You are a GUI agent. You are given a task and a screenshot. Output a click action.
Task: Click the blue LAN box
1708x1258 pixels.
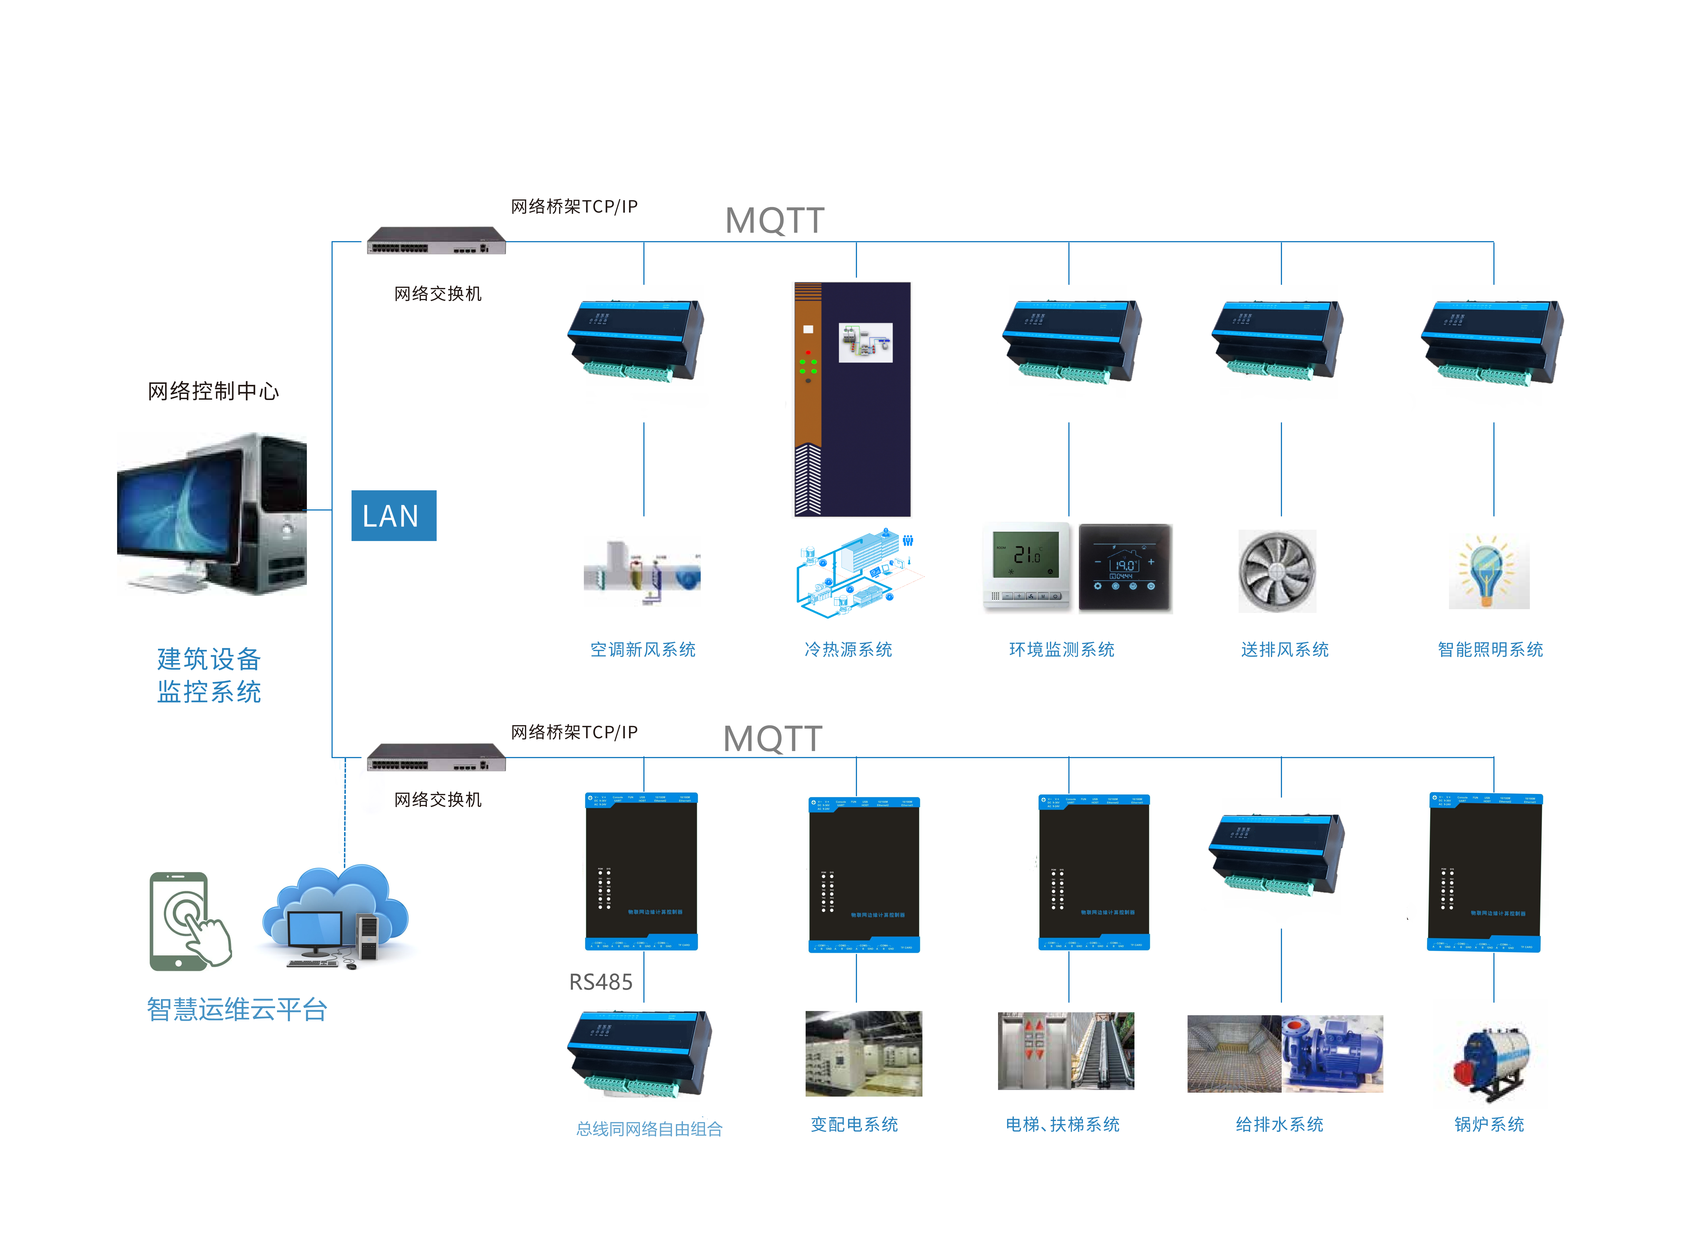pos(393,515)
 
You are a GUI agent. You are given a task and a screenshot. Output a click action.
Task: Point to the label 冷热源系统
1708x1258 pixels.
pos(848,650)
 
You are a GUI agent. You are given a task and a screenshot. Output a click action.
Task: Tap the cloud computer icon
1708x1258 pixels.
pos(335,917)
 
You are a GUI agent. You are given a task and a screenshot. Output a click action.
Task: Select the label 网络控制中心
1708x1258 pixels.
pos(213,392)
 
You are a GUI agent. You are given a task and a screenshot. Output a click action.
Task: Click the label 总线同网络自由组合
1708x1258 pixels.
pos(649,1129)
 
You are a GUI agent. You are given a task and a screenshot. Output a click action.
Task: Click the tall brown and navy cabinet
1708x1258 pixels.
pos(852,399)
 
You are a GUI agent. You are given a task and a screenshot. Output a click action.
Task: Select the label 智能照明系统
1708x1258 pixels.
pos(1489,650)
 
